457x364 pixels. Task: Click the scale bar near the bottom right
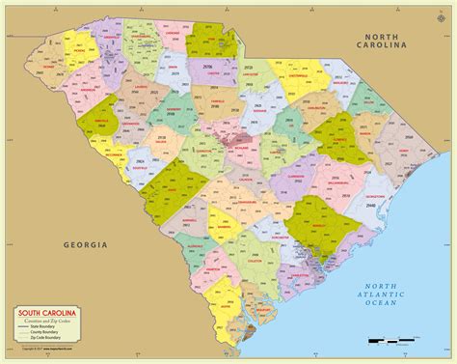400,340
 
